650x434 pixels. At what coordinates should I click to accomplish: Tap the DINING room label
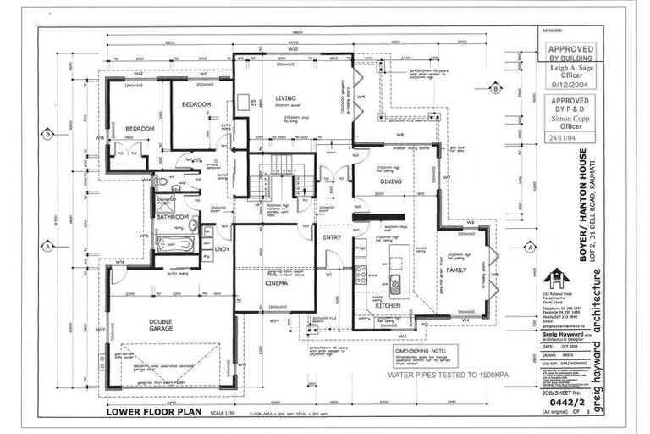click(x=390, y=181)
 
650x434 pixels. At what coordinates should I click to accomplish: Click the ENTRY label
click(x=332, y=237)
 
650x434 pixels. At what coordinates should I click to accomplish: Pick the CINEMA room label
click(x=276, y=283)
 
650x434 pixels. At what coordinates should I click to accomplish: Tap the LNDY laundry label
click(x=223, y=249)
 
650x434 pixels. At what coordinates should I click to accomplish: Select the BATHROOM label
click(x=172, y=217)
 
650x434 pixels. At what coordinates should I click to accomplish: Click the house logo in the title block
click(x=556, y=279)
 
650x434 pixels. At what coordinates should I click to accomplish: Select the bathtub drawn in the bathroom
click(x=175, y=244)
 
